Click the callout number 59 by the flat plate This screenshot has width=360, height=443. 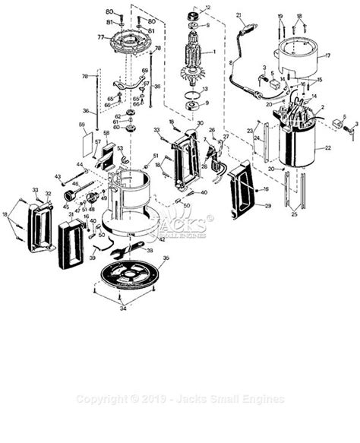[x=82, y=124]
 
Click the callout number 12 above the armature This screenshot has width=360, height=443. [x=209, y=8]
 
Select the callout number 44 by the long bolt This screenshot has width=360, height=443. [x=79, y=164]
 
